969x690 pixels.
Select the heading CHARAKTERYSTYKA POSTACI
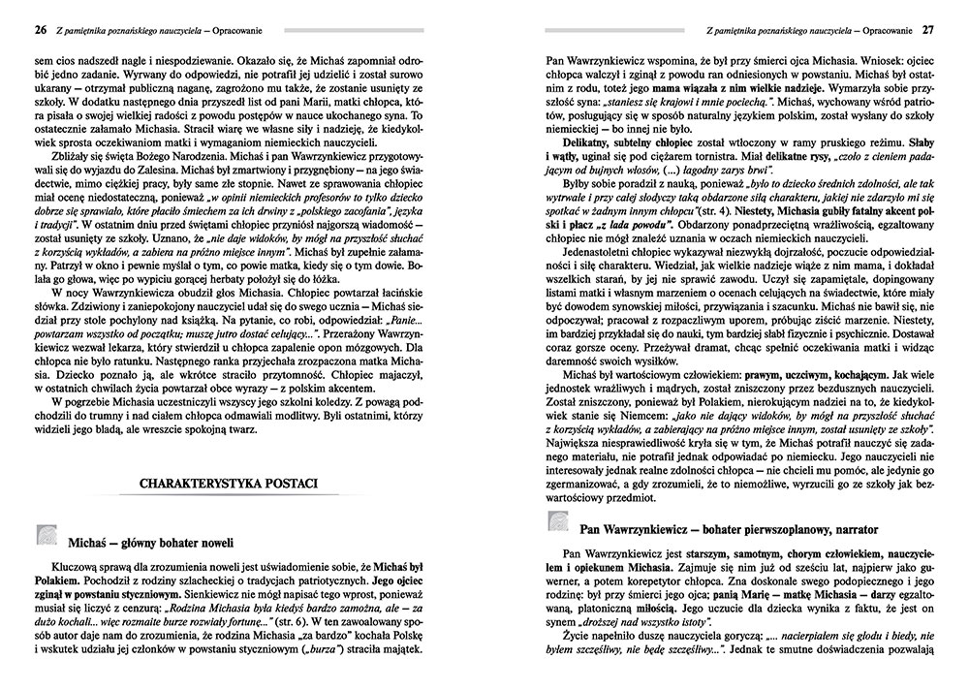[x=211, y=482]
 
